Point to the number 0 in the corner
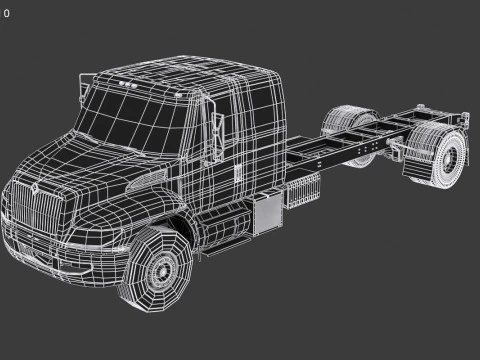[x=7, y=14]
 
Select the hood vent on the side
[x=150, y=180]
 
